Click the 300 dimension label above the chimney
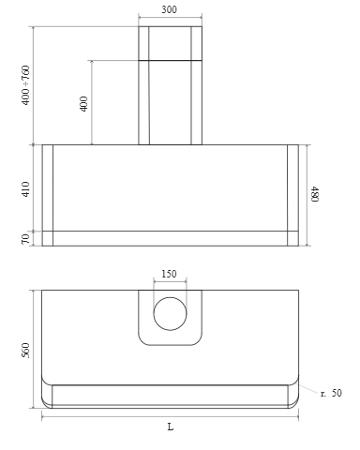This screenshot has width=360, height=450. (x=169, y=9)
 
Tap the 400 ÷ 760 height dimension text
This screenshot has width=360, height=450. (x=26, y=85)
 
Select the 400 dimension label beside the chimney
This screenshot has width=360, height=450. (x=83, y=104)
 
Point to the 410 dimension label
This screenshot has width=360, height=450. (x=26, y=189)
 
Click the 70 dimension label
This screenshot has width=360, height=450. (x=26, y=239)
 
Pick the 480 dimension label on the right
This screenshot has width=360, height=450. (x=314, y=194)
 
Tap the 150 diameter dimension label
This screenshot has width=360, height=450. (x=169, y=274)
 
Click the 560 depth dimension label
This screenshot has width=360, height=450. (x=26, y=351)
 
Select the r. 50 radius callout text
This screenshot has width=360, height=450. (x=331, y=393)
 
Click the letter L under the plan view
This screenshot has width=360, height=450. (x=171, y=427)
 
